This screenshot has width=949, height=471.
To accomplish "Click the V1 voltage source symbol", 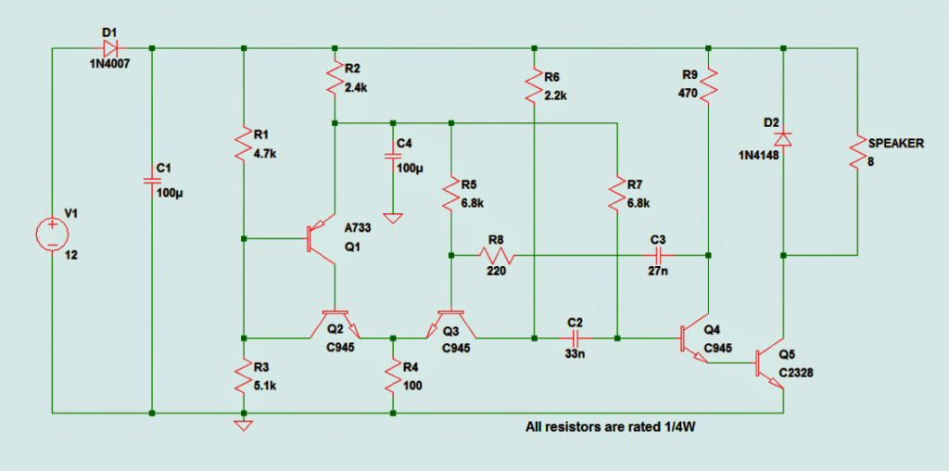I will [x=53, y=233].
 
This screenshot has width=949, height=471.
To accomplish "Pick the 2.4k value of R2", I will [x=358, y=86].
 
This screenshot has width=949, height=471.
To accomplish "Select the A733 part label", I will [x=357, y=227].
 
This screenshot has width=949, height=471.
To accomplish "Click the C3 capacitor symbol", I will [x=659, y=254].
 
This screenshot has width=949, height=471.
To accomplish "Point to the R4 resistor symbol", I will [x=394, y=375].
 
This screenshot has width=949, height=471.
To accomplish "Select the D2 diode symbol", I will [x=784, y=139].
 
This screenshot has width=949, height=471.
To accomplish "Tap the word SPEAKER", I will [x=895, y=143].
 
